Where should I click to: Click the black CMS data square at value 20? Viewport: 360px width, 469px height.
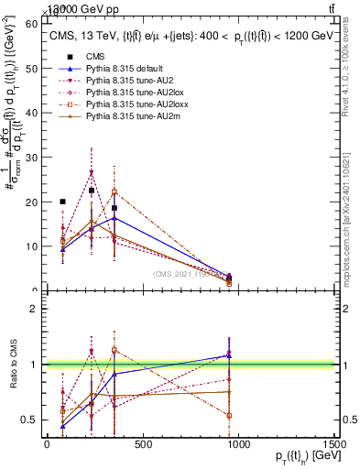(62, 202)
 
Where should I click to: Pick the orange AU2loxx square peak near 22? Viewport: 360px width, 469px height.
(115, 192)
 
